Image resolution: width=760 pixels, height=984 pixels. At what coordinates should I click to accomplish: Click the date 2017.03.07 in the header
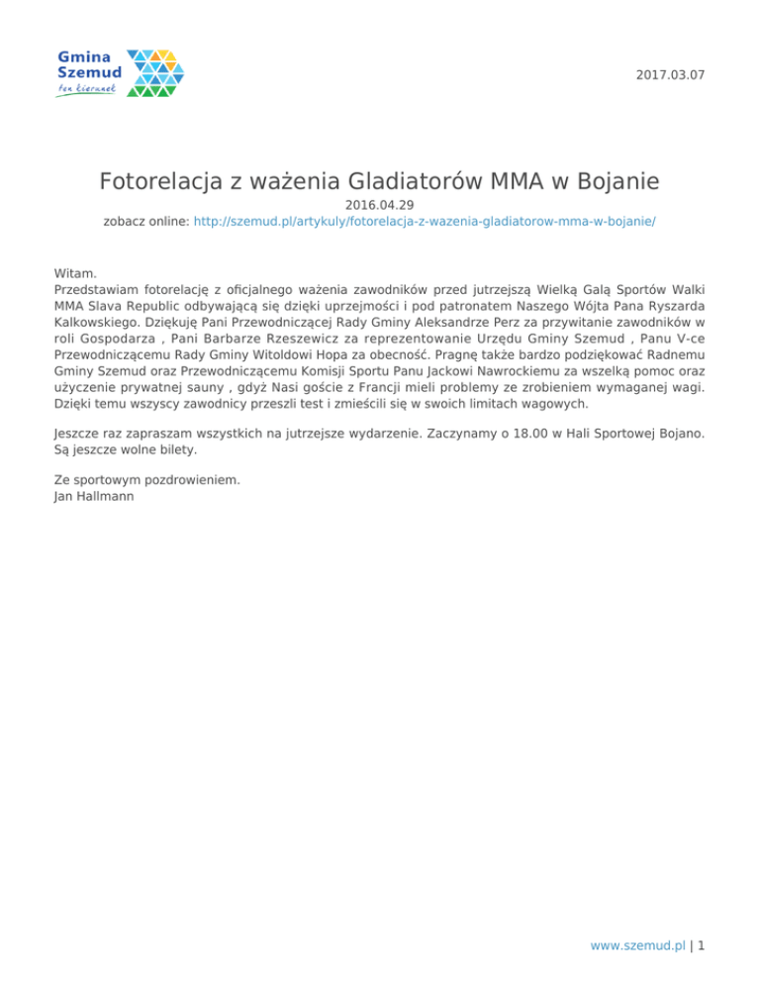coord(672,75)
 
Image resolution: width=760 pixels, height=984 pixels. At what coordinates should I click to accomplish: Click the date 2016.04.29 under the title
coord(379,205)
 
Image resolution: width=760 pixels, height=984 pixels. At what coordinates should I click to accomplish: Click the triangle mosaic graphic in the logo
coord(155,73)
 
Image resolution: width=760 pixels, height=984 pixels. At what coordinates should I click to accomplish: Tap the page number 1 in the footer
coord(700,945)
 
